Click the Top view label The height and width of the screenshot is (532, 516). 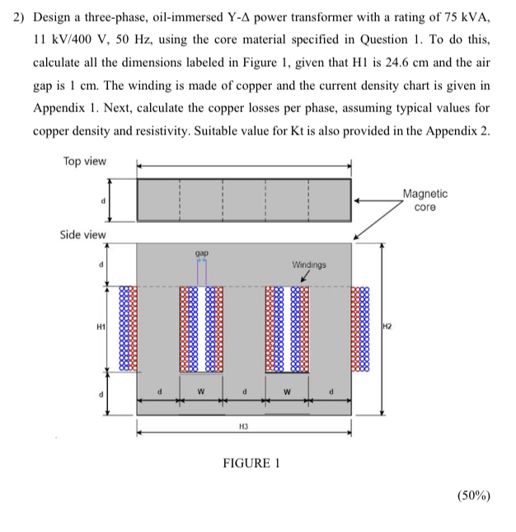point(85,161)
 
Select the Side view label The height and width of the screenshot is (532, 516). point(83,234)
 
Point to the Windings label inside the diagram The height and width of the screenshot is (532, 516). point(309,265)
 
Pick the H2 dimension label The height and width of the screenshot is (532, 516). point(390,327)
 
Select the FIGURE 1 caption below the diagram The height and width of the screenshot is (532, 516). point(251,463)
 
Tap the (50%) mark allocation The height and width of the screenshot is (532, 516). point(472,496)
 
